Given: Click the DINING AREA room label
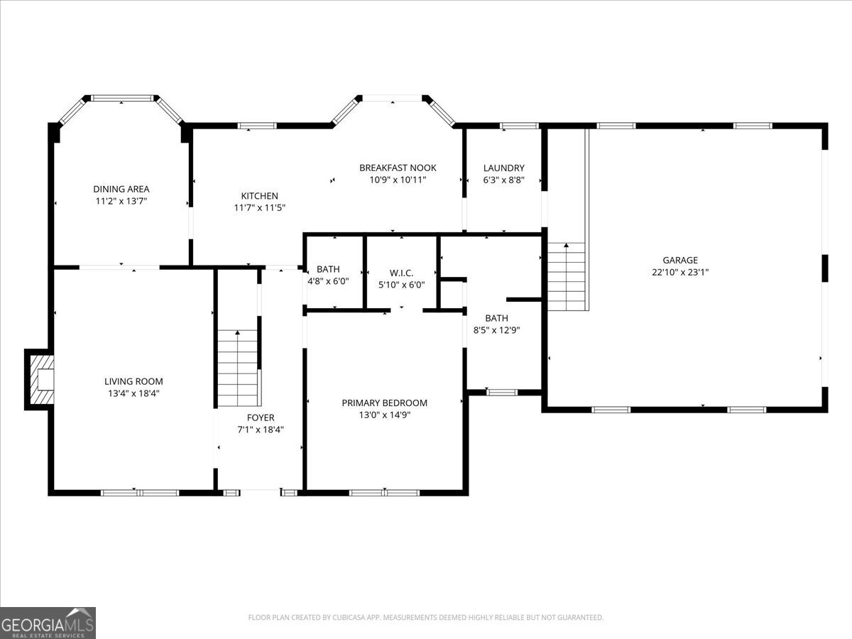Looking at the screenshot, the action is click(x=121, y=189).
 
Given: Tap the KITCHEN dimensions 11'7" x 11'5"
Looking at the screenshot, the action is click(x=259, y=207).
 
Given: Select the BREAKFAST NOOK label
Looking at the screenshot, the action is click(x=398, y=168).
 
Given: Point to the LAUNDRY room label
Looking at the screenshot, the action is click(x=504, y=168).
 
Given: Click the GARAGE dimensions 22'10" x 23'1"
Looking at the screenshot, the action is click(x=680, y=272).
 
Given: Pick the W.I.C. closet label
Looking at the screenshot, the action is click(x=401, y=273).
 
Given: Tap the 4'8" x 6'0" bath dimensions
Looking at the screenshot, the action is click(x=329, y=281).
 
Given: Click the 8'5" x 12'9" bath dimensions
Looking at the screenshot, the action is click(x=496, y=330).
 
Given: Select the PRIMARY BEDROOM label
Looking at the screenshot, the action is click(x=384, y=403).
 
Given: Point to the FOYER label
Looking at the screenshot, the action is click(x=261, y=417).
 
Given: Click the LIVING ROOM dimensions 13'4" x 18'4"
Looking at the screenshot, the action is click(x=133, y=393).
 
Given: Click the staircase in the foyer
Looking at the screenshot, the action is click(x=237, y=368).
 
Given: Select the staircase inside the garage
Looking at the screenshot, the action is click(x=566, y=277).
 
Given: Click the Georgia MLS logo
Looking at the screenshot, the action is click(x=48, y=623).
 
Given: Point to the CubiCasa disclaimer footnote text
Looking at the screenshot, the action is click(x=426, y=617).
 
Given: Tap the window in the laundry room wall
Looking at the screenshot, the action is click(x=519, y=126).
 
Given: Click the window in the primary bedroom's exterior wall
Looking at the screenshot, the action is click(x=384, y=493).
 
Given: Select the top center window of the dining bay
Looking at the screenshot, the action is click(x=123, y=98).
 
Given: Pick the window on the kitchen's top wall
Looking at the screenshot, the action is click(x=257, y=126).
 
